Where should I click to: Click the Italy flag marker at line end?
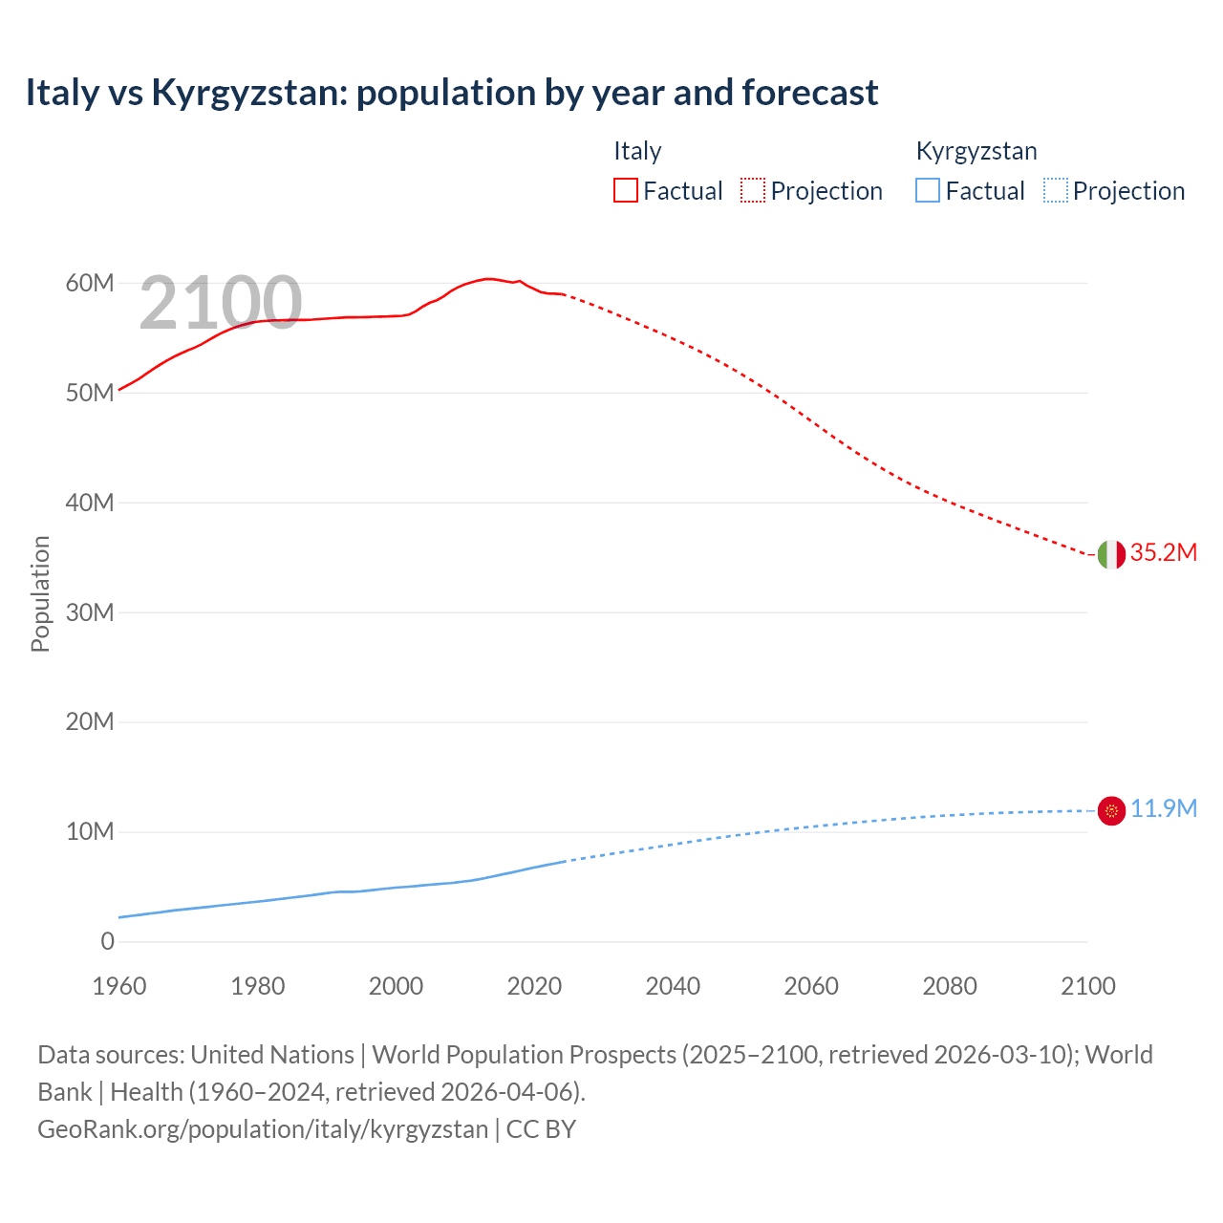1111,554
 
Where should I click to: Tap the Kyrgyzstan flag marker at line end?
1111,811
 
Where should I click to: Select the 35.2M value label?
1163,553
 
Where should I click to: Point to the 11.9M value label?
1163,809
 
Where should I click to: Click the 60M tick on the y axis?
90,284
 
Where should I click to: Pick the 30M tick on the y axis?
90,612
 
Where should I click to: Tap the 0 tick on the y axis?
107,941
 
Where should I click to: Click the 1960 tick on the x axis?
119,986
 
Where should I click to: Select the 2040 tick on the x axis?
673,986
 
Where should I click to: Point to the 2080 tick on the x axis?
950,986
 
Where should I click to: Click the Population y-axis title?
40,593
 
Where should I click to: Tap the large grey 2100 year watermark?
221,304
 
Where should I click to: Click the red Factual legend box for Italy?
626,191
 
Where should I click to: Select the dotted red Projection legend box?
753,191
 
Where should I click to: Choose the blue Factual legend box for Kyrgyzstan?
928,191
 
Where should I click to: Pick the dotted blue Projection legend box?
1056,191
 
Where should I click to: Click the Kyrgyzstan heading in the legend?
976,151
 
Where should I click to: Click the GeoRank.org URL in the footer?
263,1129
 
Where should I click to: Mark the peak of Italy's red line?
487,279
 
